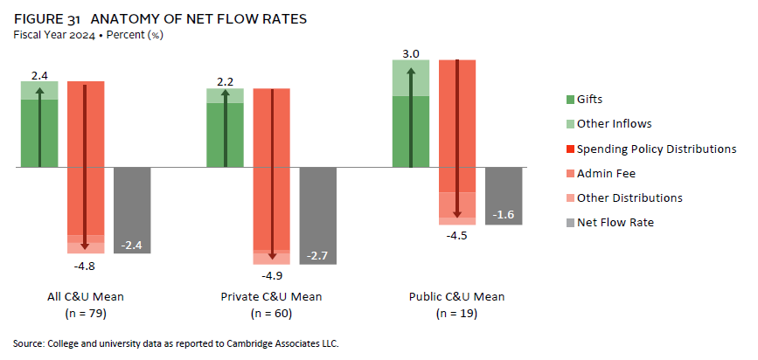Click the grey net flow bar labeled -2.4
[x=132, y=210]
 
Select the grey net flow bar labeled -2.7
[x=317, y=215]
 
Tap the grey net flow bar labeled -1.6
[x=504, y=196]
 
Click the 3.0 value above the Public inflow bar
[x=411, y=53]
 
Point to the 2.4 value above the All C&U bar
[x=39, y=75]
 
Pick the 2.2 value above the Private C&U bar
[x=225, y=82]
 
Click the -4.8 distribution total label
[x=86, y=264]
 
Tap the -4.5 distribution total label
[x=457, y=233]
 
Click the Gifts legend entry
[x=589, y=100]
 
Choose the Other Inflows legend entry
[x=614, y=124]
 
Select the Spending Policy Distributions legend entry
[x=656, y=149]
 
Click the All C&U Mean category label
[x=86, y=297]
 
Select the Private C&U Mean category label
[x=271, y=297]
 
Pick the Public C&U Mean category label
[x=457, y=297]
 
